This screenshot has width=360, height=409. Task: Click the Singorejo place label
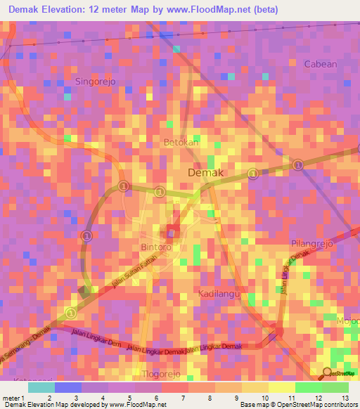pos(94,81)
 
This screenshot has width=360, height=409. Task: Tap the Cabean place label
pos(320,64)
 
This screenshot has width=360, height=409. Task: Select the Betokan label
pos(181,143)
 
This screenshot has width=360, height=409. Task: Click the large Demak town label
pos(206,173)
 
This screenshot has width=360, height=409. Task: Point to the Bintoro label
pos(155,248)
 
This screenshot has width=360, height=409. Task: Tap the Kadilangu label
pos(220,292)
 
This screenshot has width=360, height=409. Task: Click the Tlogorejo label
pos(162,374)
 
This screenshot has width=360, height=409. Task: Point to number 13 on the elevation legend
pos(344,398)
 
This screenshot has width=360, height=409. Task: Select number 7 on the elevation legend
pos(183,398)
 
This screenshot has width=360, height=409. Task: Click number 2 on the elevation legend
pos(49,398)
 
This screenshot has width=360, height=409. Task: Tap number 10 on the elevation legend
pos(263,398)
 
